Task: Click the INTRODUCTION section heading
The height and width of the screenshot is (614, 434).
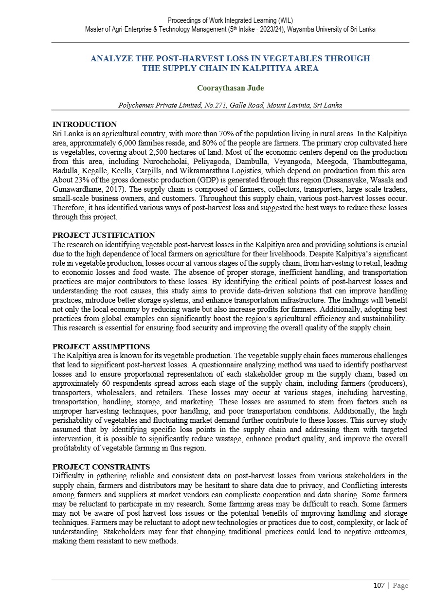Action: coord(84,125)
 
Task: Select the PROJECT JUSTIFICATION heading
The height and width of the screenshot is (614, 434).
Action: coord(104,235)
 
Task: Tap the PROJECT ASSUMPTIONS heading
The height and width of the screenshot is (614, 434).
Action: coord(101,347)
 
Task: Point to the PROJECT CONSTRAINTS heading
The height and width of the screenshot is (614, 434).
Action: coord(101,467)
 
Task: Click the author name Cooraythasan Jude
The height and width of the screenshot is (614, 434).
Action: coord(230,88)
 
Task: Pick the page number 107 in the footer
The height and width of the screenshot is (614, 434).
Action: coord(379,585)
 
